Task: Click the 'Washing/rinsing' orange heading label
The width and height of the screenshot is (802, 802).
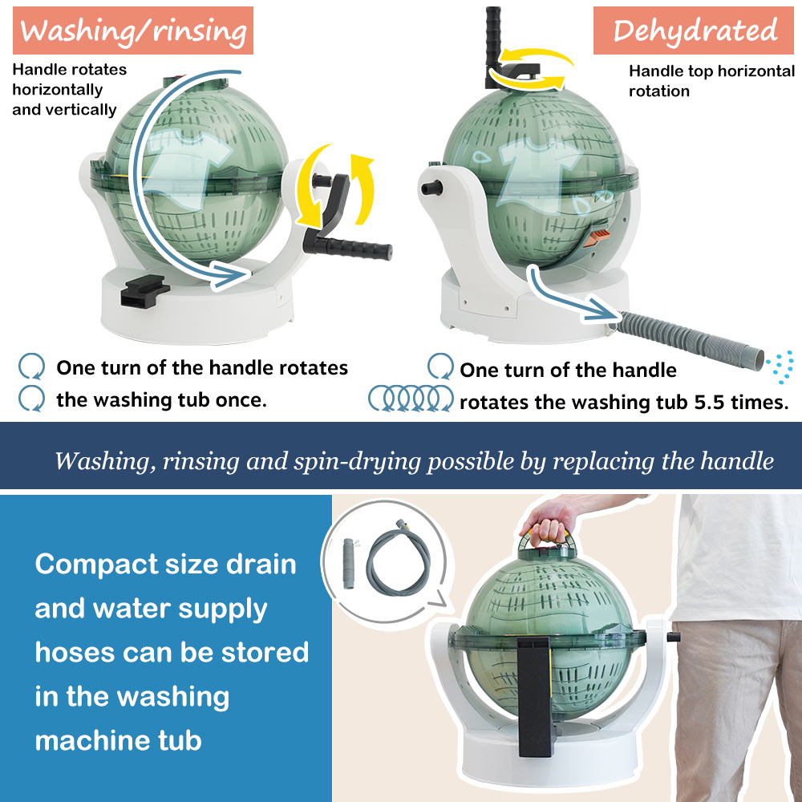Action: [133, 30]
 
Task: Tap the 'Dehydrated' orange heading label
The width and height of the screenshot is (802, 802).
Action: [693, 30]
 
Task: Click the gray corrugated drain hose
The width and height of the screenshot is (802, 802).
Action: [691, 338]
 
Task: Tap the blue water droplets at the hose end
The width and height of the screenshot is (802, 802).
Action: [781, 367]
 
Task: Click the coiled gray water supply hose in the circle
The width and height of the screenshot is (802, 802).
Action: [398, 557]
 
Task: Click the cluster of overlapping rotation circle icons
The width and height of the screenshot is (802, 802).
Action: [411, 398]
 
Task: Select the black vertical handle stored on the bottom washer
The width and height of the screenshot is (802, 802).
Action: [534, 696]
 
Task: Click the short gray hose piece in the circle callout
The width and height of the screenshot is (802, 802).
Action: [349, 563]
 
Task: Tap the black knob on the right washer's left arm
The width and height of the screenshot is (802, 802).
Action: [431, 188]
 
